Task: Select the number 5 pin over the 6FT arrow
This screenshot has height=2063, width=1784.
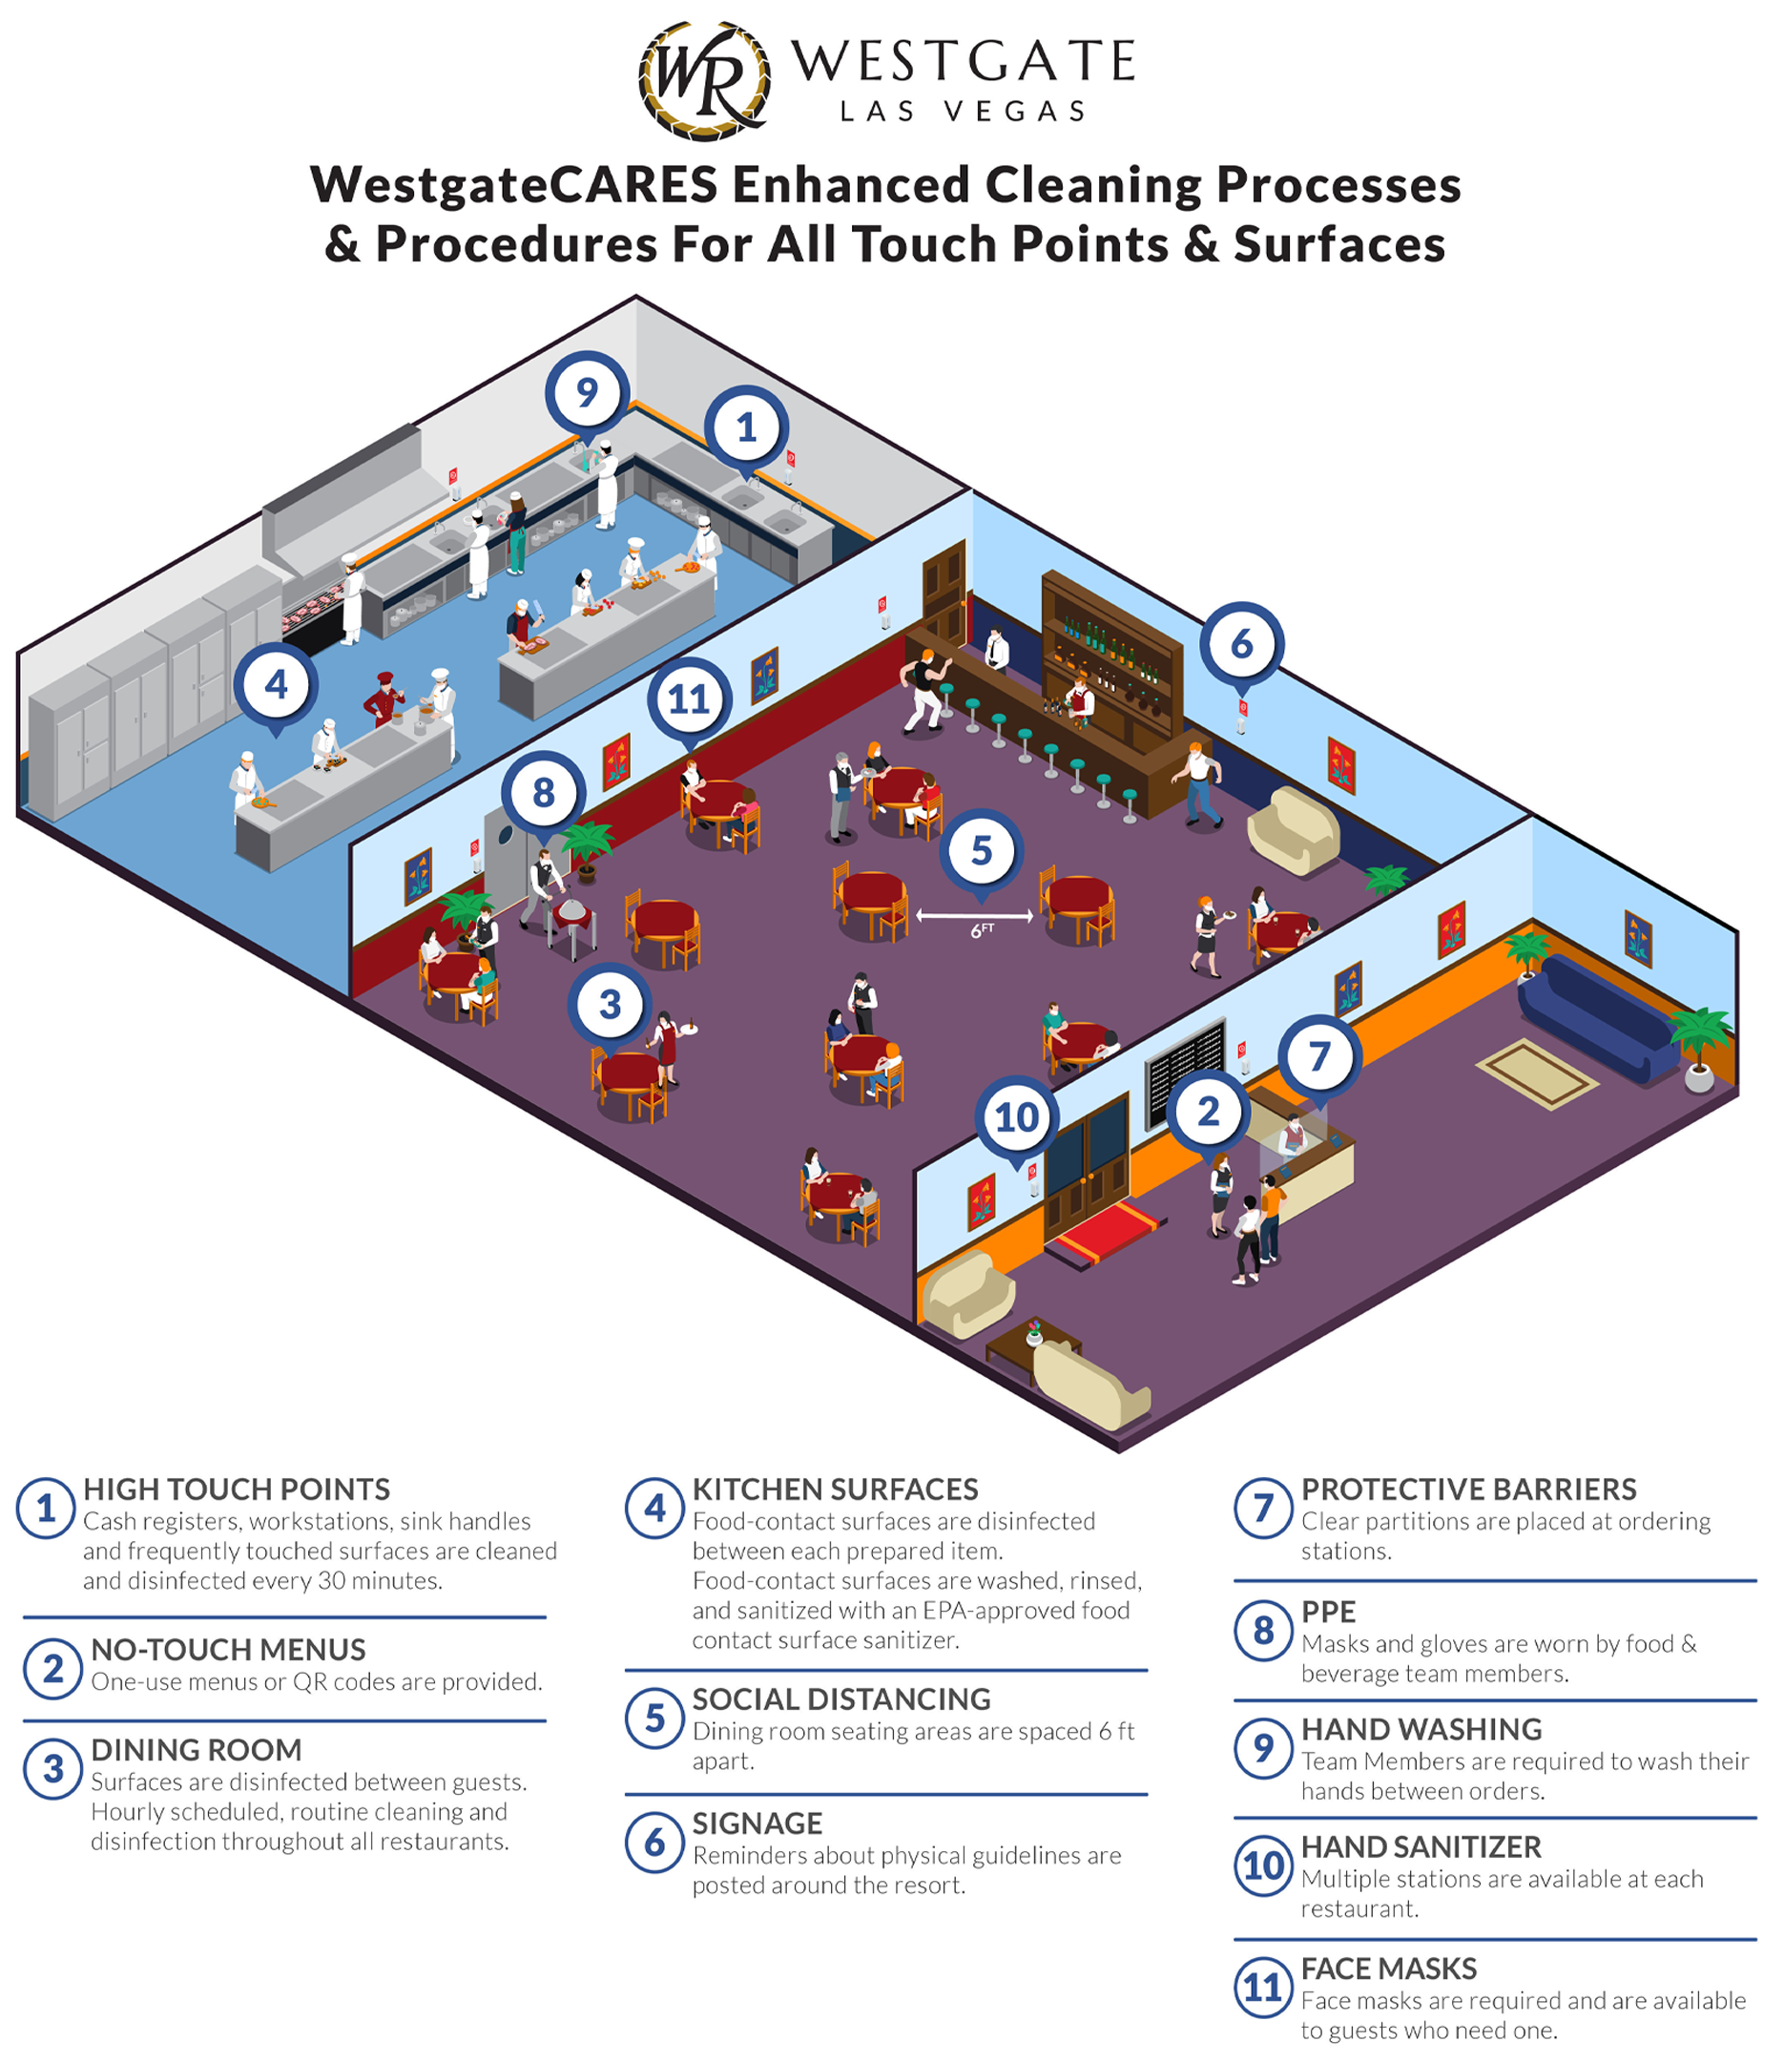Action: coord(982,852)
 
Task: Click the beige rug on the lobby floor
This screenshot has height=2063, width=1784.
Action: coord(1536,1073)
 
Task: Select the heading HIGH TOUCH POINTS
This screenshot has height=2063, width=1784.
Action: coord(236,1490)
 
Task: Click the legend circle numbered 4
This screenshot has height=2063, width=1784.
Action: coord(654,1509)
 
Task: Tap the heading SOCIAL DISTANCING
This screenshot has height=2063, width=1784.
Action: coord(841,1699)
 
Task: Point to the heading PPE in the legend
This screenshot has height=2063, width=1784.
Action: coord(1328,1612)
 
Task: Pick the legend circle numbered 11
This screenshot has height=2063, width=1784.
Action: coord(1263,1988)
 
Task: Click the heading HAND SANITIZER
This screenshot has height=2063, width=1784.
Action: coord(1421,1847)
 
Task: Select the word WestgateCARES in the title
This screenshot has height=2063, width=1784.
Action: coord(513,185)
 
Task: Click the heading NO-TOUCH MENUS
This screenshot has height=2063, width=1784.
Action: coord(228,1650)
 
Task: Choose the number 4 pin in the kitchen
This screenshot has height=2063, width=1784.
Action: coord(276,686)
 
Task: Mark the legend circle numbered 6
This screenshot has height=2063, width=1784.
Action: coord(654,1843)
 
